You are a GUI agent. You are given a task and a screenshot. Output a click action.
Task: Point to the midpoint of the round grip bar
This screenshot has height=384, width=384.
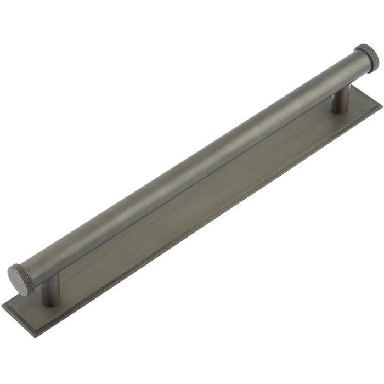pyautogui.click(x=192, y=165)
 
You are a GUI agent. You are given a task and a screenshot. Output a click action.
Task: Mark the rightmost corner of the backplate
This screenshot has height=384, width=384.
pyautogui.click(x=381, y=104)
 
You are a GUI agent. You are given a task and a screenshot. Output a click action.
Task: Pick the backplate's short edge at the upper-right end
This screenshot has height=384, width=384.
pyautogui.click(x=369, y=93)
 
